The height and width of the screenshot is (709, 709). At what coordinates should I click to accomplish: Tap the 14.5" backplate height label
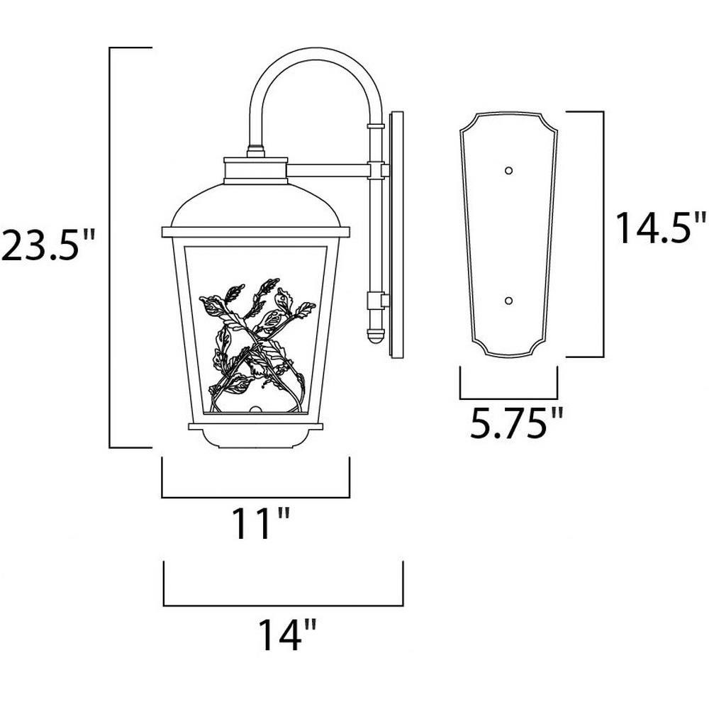(x=661, y=228)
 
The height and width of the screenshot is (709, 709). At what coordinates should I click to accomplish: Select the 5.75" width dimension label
(x=517, y=423)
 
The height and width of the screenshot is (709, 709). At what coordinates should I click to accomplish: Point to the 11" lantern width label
(x=260, y=524)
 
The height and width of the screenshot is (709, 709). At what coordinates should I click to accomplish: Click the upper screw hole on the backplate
(x=508, y=170)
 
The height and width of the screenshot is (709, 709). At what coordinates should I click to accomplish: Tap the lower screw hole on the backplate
(x=508, y=301)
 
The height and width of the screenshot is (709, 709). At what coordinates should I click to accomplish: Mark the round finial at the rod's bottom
(x=375, y=336)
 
